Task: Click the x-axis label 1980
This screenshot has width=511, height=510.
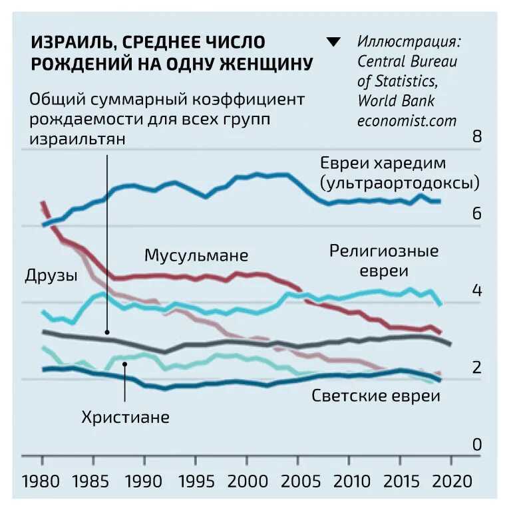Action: point(41,481)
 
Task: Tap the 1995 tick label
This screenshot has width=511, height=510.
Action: point(196,481)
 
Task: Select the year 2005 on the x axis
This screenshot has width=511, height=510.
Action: point(301,481)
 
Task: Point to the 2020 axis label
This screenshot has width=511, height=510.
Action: point(452,481)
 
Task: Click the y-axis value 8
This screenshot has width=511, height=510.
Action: point(477,136)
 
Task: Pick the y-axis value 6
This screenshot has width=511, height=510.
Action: point(477,213)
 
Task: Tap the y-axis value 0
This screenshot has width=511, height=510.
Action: point(477,445)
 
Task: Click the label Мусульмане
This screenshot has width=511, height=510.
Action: point(196,255)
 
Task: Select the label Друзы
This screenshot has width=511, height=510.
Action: point(51,275)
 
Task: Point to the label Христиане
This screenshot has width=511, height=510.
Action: point(126,417)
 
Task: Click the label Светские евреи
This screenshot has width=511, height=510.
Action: point(376,396)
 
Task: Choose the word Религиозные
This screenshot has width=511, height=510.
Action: point(384,251)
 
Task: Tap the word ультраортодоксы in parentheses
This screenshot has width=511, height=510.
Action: point(399,183)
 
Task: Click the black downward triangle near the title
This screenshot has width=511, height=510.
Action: point(333,42)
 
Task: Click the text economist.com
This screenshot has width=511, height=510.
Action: point(407,121)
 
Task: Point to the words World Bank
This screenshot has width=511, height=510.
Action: point(396,101)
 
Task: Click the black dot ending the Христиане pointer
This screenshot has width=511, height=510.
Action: point(124,364)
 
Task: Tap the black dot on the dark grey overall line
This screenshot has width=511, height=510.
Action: point(107,332)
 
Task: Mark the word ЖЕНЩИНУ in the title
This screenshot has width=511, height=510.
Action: point(266,64)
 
